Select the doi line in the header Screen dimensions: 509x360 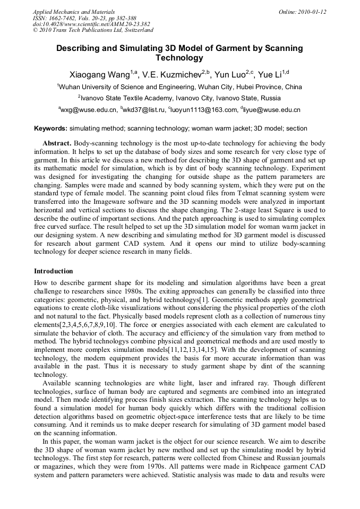tap(91, 24)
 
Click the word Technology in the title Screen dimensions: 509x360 tap(179, 58)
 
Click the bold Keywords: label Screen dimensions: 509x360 tap(50, 128)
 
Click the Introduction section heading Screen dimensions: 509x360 tap(53, 271)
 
